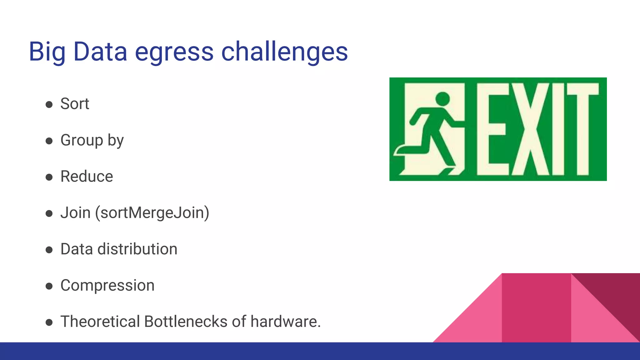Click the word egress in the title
click(174, 52)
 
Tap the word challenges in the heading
click(284, 52)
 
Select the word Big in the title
click(47, 52)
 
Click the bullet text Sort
click(75, 104)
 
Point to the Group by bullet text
click(92, 140)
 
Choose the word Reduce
click(87, 177)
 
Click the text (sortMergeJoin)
click(152, 213)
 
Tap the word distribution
click(137, 249)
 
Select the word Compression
click(107, 285)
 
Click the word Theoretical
click(100, 322)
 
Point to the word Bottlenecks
click(186, 322)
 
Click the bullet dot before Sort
click(49, 104)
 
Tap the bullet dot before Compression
click(49, 286)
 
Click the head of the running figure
click(442, 99)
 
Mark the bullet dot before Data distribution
click(49, 250)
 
